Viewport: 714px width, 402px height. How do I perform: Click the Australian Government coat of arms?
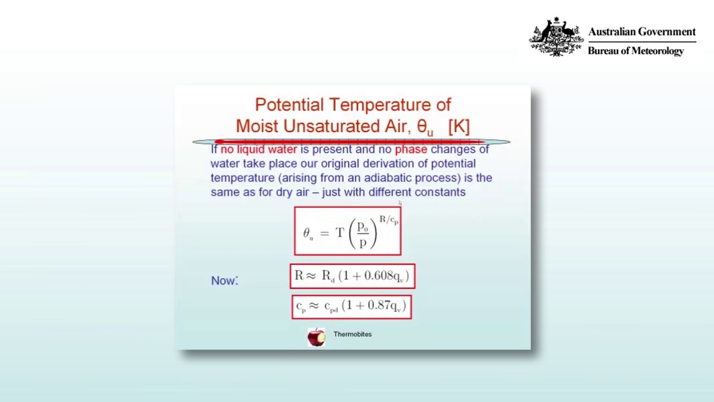point(556,36)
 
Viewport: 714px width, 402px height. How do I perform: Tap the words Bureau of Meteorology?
point(635,51)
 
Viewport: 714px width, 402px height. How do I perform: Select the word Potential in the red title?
point(290,104)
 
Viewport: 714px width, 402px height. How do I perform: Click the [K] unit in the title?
point(459,126)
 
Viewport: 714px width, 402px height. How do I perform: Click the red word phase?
point(411,149)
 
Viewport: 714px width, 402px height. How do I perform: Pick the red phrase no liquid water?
point(259,149)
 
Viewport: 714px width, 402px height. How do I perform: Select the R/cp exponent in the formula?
point(389,220)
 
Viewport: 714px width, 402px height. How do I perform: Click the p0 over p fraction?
point(363,234)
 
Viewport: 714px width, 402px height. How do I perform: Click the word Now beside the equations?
point(224,281)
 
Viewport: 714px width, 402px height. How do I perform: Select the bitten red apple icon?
point(316,337)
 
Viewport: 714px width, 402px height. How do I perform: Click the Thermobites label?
point(353,334)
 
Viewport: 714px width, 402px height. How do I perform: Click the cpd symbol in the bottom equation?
point(331,307)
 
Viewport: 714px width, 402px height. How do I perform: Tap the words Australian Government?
point(642,32)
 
